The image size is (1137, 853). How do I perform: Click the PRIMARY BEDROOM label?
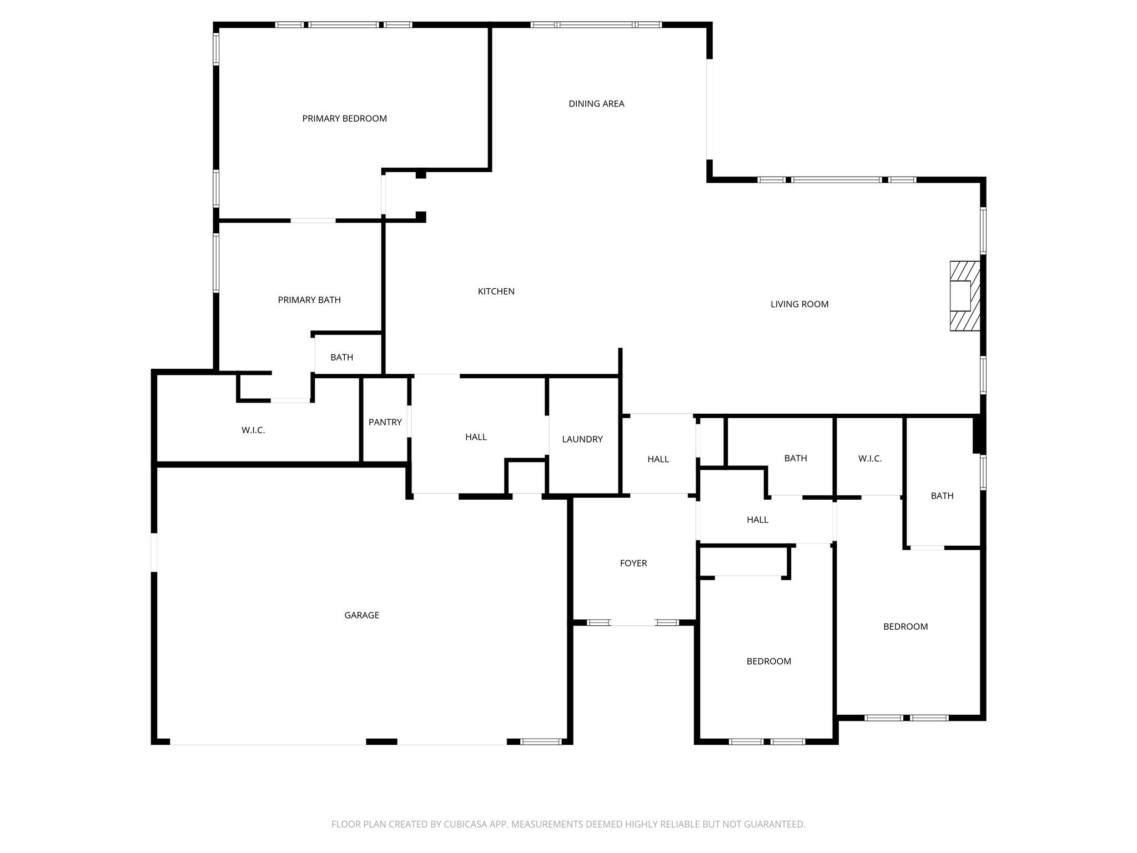[344, 118]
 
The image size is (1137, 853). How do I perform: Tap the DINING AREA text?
[596, 104]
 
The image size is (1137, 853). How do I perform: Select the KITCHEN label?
[496, 292]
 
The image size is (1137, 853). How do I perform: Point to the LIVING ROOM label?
[799, 304]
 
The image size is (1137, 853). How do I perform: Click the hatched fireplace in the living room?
[964, 296]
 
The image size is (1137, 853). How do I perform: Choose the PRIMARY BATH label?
[309, 300]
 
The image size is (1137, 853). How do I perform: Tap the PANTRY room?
[385, 423]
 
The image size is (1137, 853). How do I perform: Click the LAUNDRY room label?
[582, 439]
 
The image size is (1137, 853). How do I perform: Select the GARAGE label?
[361, 615]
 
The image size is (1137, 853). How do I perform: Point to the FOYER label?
[633, 563]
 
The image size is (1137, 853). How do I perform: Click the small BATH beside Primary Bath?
[341, 358]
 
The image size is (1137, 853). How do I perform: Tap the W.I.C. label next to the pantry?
[253, 430]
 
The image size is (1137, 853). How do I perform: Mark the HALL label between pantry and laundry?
[476, 437]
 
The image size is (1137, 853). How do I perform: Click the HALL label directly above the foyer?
[658, 459]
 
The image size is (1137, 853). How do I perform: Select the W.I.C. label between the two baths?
[869, 459]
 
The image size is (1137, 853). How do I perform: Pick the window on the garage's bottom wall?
[541, 741]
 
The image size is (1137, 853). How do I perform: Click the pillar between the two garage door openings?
[381, 741]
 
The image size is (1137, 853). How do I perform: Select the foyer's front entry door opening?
[633, 623]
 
